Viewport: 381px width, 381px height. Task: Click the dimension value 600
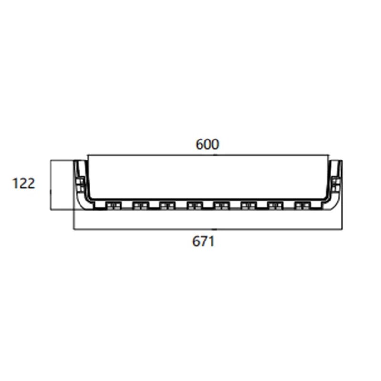[x=207, y=144]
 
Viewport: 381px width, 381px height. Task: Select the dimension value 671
[x=203, y=241]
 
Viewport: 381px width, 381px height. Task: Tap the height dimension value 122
[x=24, y=183]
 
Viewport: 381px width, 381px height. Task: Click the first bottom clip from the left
[x=113, y=205]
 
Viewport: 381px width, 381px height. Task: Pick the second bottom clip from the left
[x=140, y=205]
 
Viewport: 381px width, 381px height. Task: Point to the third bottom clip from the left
[x=167, y=205]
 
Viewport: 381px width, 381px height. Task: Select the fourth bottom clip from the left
[x=194, y=205]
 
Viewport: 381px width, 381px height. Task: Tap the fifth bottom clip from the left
[x=221, y=205]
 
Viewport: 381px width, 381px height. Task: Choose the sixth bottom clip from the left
[x=248, y=205]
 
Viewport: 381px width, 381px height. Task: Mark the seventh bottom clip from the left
[x=275, y=205]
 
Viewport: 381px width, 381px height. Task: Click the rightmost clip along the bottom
[x=302, y=205]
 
